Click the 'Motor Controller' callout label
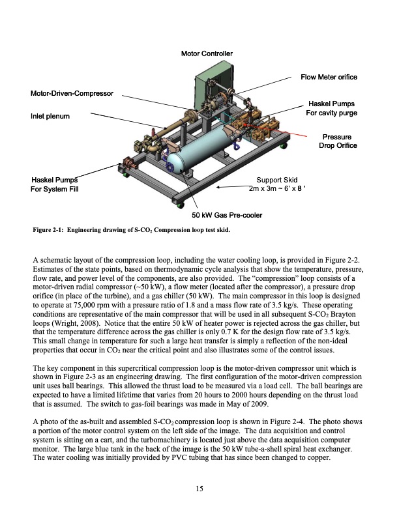[206, 53]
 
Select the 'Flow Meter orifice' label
[329, 78]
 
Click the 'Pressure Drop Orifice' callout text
[337, 141]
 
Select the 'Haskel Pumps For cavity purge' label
[331, 108]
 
